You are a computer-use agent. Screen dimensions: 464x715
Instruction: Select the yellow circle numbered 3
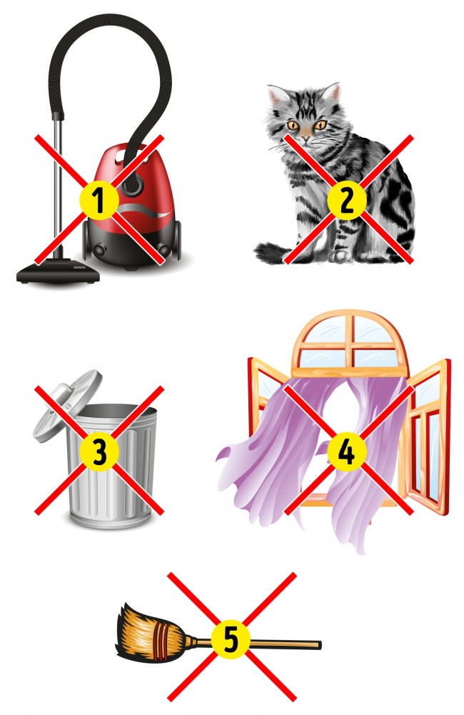[x=99, y=451]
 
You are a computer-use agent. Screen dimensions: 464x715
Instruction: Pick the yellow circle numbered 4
[x=348, y=451]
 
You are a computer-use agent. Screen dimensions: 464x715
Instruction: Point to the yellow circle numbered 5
[x=231, y=639]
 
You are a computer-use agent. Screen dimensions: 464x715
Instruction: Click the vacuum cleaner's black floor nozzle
[x=58, y=273]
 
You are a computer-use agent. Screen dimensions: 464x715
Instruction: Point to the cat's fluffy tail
[x=273, y=253]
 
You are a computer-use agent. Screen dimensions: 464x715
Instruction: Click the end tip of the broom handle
[x=320, y=645]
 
